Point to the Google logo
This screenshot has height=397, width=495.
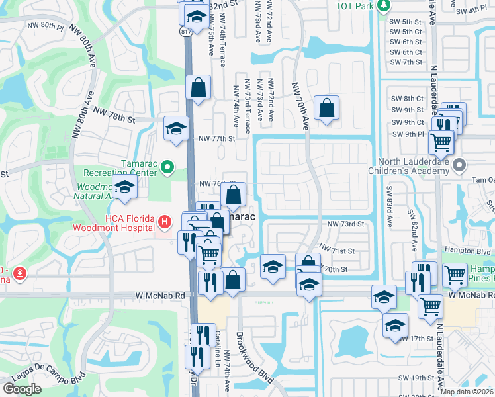coord(22,388)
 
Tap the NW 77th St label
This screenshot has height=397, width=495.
coord(216,138)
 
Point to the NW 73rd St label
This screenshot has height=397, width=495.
coord(346,224)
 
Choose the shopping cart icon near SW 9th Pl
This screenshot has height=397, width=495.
coord(440,140)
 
